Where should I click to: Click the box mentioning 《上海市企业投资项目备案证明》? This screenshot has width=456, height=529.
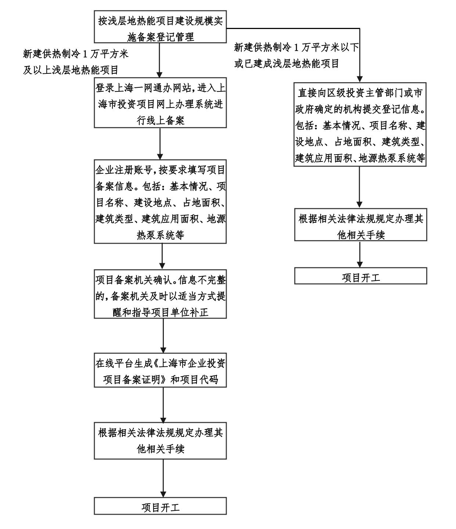160,372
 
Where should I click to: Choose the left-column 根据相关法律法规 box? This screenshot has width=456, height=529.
160,441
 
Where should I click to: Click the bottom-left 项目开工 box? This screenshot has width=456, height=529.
160,508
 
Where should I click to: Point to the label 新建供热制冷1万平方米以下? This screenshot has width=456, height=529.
296,48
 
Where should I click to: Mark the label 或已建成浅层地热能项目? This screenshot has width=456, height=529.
287,64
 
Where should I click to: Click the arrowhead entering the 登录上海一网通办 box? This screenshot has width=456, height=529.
160,74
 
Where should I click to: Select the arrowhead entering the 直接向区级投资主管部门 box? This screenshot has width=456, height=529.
360,79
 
